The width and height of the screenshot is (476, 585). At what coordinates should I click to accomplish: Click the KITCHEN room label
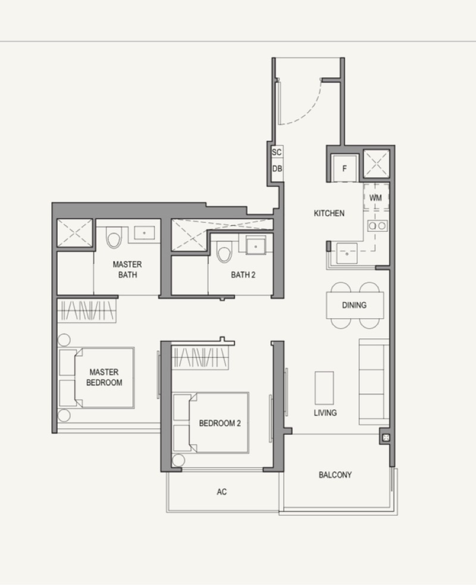tap(329, 213)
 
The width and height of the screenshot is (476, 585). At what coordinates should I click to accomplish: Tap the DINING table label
tap(354, 305)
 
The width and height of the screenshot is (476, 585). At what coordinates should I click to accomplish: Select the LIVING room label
tap(325, 413)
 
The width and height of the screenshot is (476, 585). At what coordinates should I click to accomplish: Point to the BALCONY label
tap(335, 475)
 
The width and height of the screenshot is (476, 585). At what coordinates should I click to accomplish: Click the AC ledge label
tap(222, 491)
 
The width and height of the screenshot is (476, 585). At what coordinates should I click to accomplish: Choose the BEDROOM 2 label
tap(220, 423)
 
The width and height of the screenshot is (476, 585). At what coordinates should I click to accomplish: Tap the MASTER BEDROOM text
tap(104, 377)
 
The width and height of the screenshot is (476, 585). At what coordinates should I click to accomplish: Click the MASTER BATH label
tap(127, 269)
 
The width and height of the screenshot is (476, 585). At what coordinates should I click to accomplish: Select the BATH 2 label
tap(243, 275)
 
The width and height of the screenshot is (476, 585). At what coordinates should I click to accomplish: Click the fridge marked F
tap(345, 168)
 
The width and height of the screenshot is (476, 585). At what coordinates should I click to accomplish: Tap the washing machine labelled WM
tap(376, 197)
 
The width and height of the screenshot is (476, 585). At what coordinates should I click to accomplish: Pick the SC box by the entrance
tap(277, 153)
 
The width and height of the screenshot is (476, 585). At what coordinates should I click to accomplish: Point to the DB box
tap(277, 169)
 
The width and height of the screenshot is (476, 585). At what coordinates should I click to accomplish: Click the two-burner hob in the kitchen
tap(377, 226)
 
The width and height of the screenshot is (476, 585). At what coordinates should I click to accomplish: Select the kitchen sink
tap(347, 253)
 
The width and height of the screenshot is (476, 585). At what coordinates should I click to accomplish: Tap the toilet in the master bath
tap(114, 238)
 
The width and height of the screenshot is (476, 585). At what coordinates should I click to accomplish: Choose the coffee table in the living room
tap(324, 388)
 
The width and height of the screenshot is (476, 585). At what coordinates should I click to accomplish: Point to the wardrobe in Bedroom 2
tap(199, 357)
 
